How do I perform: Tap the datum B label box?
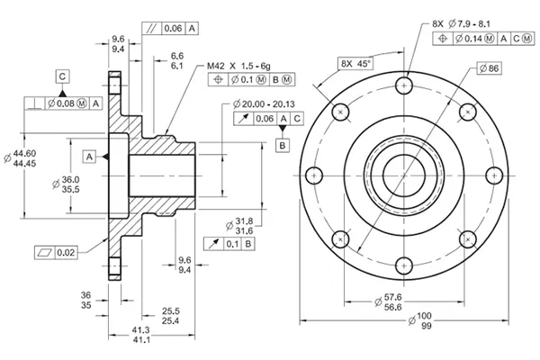pos(282,144)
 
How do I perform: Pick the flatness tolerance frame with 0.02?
pos(56,252)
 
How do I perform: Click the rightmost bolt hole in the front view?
pos(495,175)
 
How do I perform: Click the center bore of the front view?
pos(405,175)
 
